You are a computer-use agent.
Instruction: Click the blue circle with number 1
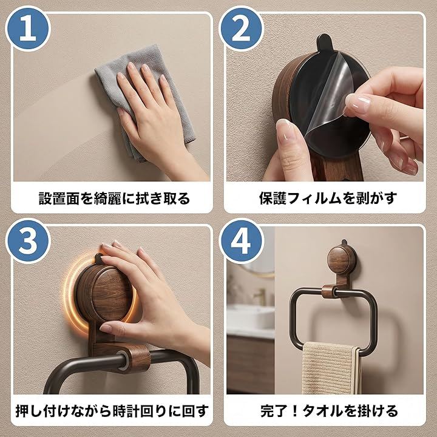[x=28, y=29]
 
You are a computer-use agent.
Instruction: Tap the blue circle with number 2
[x=241, y=29]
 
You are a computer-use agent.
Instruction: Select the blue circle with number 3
[x=28, y=242]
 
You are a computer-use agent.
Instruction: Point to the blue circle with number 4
[x=241, y=242]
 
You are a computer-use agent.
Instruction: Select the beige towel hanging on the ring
[x=331, y=368]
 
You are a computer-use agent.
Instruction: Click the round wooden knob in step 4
[x=338, y=260]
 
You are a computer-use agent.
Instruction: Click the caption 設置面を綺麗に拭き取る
[x=114, y=198]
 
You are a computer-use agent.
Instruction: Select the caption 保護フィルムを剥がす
[x=328, y=198]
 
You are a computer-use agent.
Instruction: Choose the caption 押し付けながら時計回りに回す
[x=112, y=411]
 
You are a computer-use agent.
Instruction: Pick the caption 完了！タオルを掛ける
[x=329, y=411]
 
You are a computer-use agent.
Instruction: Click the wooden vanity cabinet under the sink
[x=250, y=364]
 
